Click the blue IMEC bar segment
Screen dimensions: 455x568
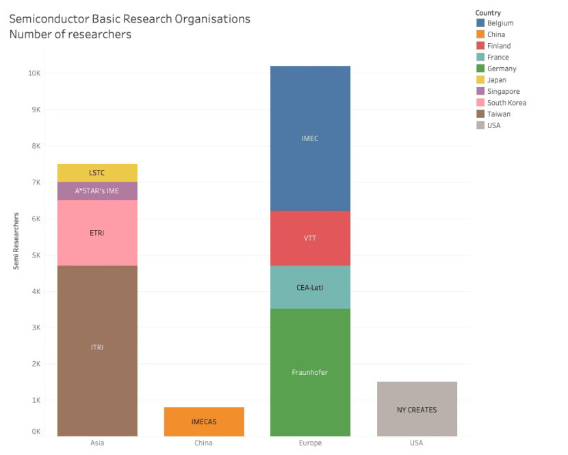(310, 138)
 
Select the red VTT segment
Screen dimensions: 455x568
(310, 238)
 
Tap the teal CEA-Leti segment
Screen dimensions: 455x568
(310, 287)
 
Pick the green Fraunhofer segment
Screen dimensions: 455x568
(310, 372)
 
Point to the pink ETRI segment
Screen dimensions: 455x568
(97, 233)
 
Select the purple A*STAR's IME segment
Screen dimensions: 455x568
(97, 191)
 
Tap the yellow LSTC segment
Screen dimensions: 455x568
(97, 173)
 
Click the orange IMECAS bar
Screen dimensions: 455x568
(204, 421)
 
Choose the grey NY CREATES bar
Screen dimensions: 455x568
(417, 409)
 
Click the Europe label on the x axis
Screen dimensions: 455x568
(310, 443)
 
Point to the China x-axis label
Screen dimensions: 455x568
(204, 443)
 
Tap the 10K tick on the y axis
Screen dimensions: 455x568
(33, 73)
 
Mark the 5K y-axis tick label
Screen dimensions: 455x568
(35, 255)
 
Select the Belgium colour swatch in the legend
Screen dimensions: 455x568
(480, 23)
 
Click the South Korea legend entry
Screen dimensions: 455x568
(506, 103)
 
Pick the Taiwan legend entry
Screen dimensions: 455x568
(499, 114)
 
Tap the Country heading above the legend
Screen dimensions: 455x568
(488, 13)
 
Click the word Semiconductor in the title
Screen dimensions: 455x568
(48, 19)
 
